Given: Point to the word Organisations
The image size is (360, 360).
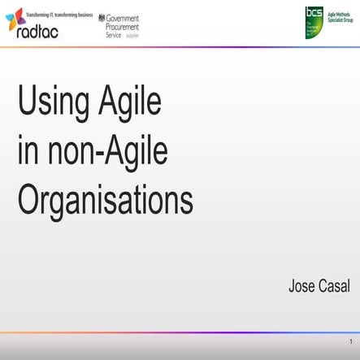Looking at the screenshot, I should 105,197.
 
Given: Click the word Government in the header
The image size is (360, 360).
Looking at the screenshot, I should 123,17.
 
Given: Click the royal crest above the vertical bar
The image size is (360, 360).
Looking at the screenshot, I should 102,16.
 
